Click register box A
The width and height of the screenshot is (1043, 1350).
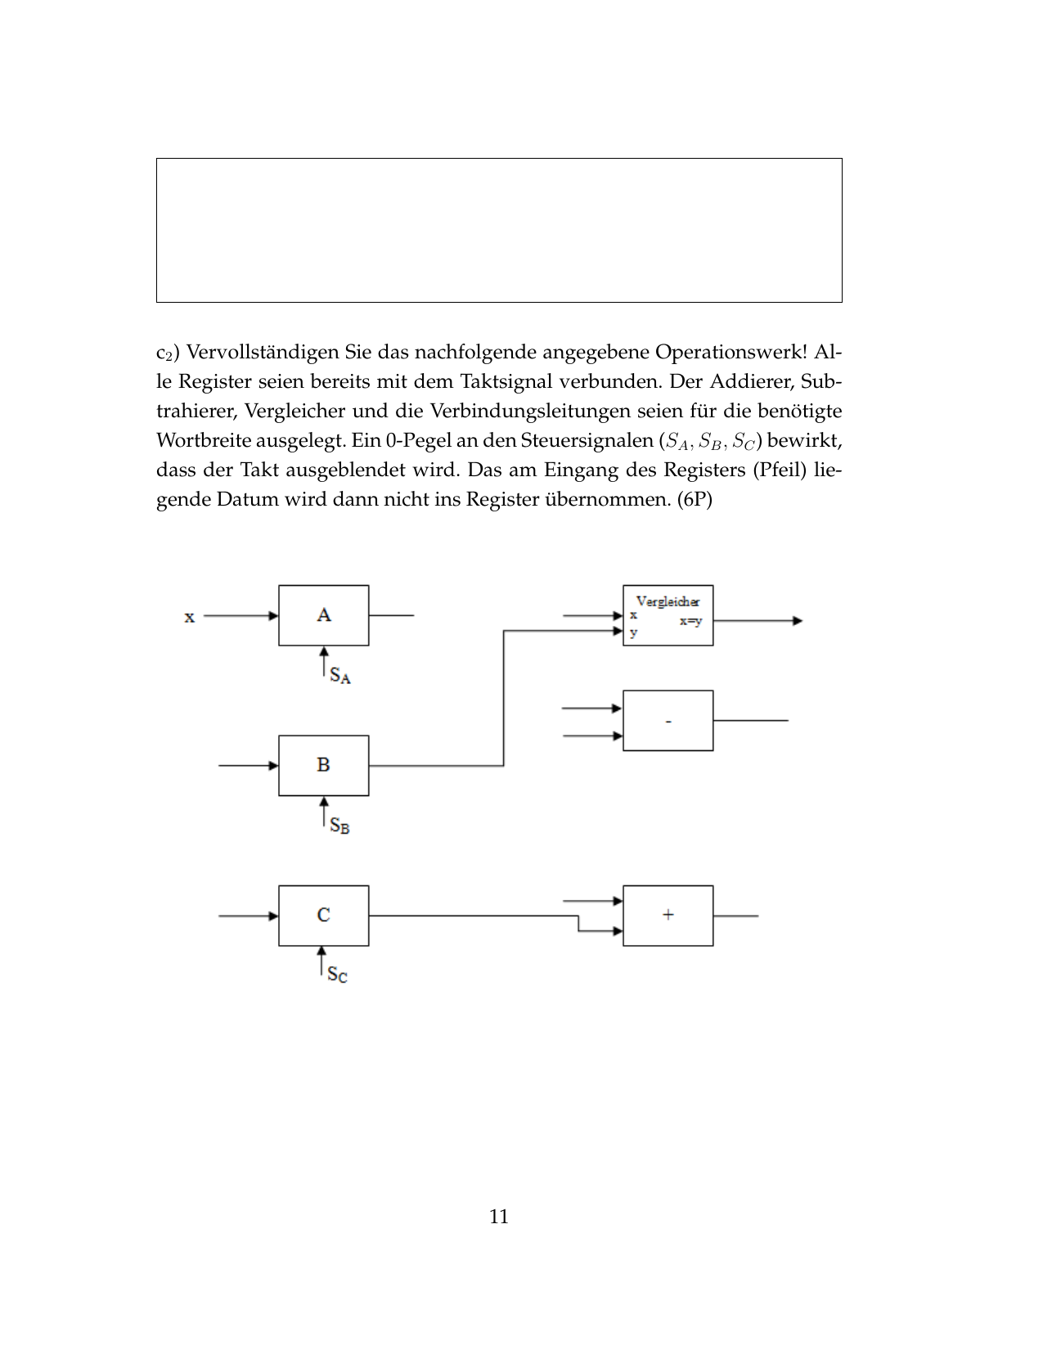[323, 615]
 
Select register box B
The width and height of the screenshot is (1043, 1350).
[323, 765]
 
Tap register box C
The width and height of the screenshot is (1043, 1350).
[323, 915]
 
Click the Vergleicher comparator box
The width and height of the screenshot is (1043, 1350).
[668, 615]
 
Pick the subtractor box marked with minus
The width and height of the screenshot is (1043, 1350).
[668, 721]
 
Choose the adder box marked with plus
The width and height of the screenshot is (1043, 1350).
[668, 915]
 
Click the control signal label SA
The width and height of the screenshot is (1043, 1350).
[340, 676]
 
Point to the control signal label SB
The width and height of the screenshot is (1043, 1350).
[339, 826]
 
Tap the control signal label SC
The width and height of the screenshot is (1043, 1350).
[337, 974]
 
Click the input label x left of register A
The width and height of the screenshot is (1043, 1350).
[190, 617]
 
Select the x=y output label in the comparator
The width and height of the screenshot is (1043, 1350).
[690, 621]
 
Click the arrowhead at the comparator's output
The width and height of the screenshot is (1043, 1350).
[798, 621]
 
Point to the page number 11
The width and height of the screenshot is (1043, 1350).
[499, 1217]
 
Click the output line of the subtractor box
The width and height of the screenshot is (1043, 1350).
[750, 721]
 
